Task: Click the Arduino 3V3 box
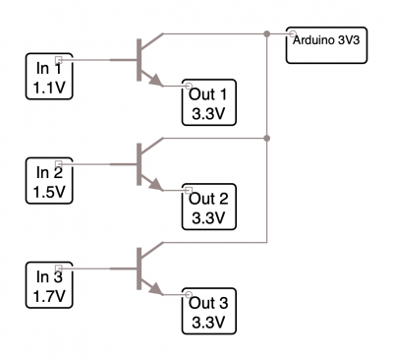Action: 326,45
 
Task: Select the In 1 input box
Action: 49,76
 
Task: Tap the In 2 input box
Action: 49,181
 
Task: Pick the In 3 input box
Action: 49,285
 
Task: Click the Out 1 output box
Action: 209,102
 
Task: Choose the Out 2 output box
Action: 209,207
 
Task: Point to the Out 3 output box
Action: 209,311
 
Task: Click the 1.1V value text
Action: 49,88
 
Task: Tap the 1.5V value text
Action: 49,192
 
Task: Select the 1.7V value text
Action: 49,296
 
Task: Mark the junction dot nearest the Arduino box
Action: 267,33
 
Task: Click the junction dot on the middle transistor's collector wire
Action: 267,138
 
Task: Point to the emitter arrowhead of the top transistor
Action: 156,81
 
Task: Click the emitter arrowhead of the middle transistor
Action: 156,185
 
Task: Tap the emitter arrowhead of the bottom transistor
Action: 156,289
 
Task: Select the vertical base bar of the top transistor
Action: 140,60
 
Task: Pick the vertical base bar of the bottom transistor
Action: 140,269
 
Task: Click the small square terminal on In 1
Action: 59,60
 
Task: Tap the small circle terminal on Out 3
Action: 188,294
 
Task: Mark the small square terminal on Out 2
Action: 189,190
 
